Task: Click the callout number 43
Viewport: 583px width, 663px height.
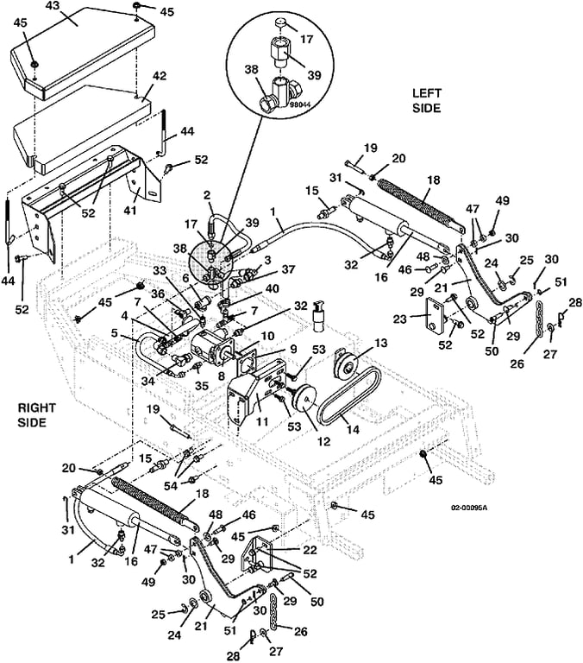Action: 53,7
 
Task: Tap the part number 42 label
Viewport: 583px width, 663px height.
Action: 160,77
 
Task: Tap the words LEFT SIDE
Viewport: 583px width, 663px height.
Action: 425,101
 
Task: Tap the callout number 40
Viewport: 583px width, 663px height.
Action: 273,289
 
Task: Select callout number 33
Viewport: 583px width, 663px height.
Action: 160,270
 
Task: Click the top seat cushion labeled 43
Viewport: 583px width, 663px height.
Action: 78,47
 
